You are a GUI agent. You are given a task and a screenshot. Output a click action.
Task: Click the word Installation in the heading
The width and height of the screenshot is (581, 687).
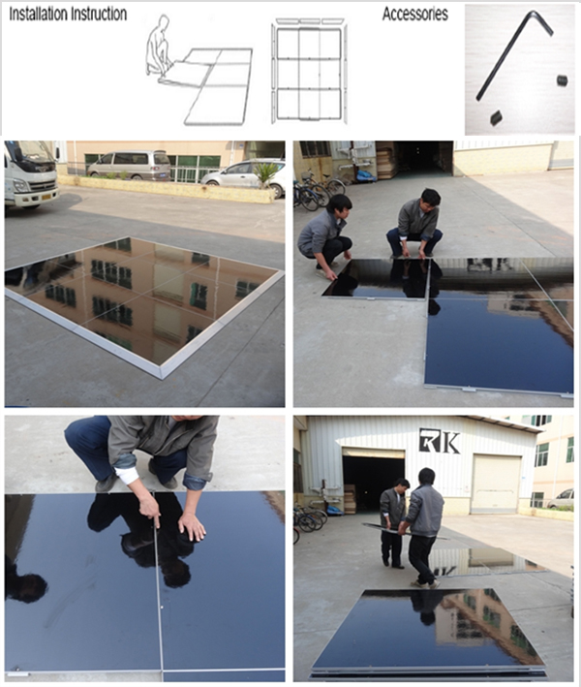click(37, 14)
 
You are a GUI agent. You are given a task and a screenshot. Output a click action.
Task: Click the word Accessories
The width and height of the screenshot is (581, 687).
click(415, 14)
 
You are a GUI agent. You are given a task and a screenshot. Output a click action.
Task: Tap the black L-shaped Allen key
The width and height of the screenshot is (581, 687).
click(515, 54)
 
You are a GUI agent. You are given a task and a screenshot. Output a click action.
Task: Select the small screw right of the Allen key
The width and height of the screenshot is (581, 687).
click(563, 80)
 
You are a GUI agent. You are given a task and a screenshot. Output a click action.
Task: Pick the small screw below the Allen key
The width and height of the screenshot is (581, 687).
click(496, 117)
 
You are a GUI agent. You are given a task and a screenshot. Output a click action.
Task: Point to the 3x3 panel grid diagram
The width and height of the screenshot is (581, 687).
click(309, 72)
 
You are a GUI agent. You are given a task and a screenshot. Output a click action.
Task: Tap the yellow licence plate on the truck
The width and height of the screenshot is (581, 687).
click(46, 197)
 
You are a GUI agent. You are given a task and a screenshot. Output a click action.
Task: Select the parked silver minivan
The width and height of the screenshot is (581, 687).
click(130, 165)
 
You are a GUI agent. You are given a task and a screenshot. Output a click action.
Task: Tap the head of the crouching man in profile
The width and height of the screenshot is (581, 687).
click(340, 206)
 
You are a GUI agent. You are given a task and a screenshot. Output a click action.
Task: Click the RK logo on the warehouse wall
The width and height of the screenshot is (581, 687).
click(440, 441)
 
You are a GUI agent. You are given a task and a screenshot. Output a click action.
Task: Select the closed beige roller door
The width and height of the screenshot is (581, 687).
click(496, 484)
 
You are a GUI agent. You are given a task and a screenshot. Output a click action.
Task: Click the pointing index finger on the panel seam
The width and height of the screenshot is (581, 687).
click(151, 511)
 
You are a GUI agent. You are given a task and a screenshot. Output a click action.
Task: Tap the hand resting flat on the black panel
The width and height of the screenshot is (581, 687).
click(193, 525)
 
